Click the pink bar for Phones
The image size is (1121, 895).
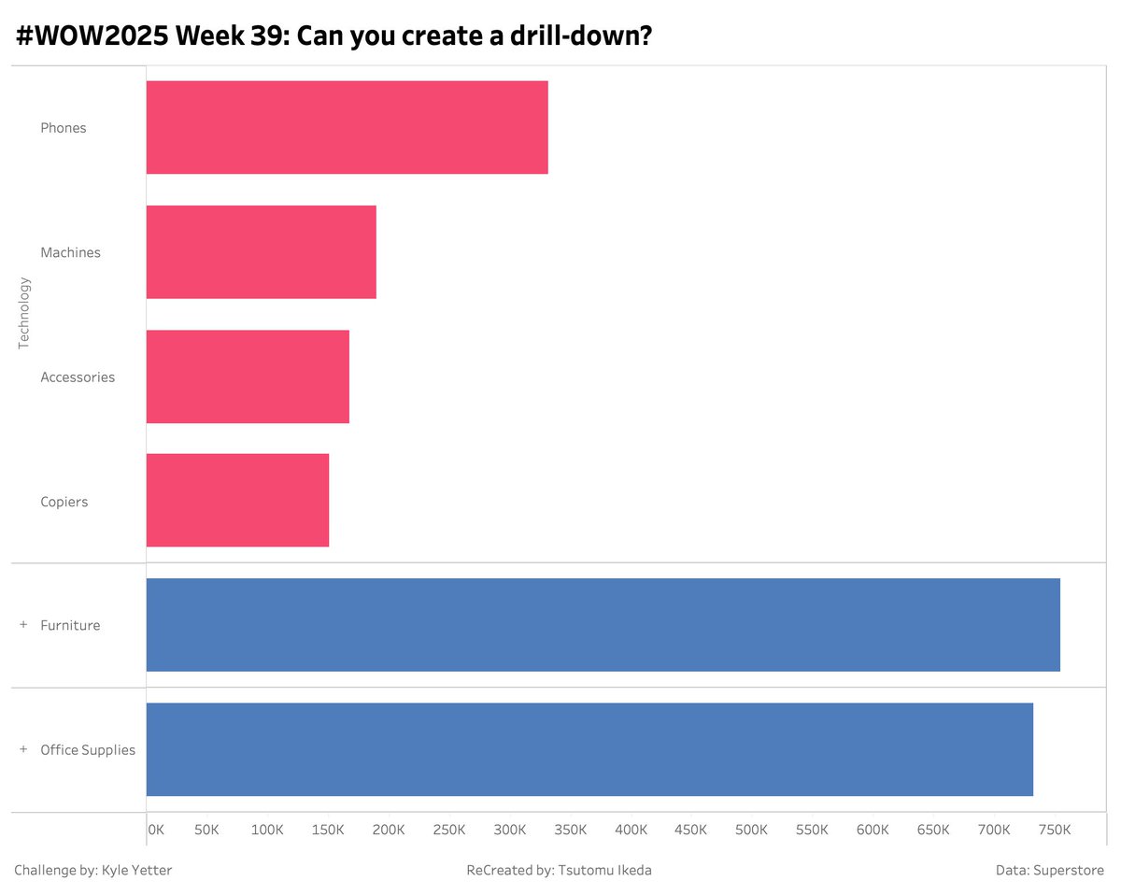pos(347,127)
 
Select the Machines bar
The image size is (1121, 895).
pos(261,252)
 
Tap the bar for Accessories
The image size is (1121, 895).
pos(248,376)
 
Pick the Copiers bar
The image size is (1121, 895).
pos(237,501)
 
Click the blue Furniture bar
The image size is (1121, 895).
pos(603,625)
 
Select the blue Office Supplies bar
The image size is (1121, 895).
pos(589,749)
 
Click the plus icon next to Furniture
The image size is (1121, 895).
pos(23,625)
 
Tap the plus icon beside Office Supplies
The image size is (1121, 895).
pos(23,749)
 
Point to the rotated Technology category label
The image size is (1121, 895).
pos(24,313)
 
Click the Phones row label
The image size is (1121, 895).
pos(64,128)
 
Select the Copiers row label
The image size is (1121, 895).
pos(64,502)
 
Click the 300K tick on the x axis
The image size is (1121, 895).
pos(510,830)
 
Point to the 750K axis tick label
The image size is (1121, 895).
pos(1055,830)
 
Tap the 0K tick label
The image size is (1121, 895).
pos(155,830)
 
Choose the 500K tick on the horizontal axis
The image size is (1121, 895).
pos(752,830)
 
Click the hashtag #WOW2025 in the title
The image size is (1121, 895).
pos(90,37)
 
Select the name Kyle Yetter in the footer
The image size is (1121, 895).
pos(136,871)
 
